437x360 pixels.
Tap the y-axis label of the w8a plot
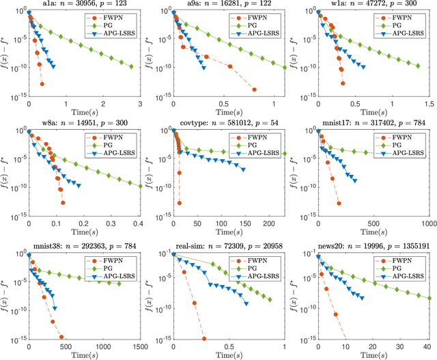point(6,174)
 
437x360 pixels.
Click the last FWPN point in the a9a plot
point(254,89)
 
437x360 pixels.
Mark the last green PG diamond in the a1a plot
point(130,66)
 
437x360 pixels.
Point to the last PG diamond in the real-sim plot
point(270,299)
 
